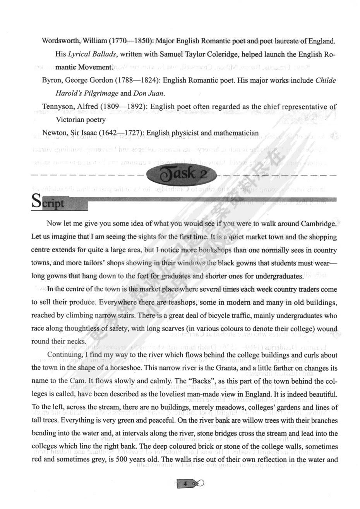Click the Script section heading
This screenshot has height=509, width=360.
point(48,202)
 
